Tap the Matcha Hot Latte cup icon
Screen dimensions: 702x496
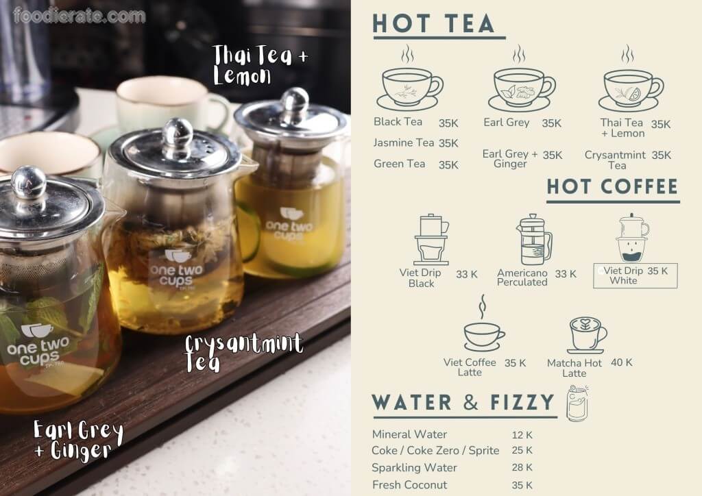coord(587,335)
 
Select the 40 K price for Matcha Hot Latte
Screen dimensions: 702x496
coord(621,362)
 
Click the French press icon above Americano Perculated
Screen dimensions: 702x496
coord(534,239)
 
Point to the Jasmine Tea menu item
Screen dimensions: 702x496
coord(404,142)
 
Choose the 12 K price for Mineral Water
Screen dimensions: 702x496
coord(522,435)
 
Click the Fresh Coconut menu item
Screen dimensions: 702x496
coord(409,484)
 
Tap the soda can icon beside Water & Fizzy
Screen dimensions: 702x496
coord(577,404)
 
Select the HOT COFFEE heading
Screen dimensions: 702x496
coord(612,186)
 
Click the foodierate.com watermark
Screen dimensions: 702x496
coord(80,16)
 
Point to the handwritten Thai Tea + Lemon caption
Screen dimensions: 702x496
coord(260,64)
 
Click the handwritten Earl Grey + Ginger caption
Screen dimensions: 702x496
coord(78,440)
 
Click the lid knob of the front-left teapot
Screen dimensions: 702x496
coord(28,182)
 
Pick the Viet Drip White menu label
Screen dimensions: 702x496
coord(622,275)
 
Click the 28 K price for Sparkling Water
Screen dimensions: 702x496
coord(522,467)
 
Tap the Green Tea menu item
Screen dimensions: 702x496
coord(400,164)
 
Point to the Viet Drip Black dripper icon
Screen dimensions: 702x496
coord(431,240)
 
